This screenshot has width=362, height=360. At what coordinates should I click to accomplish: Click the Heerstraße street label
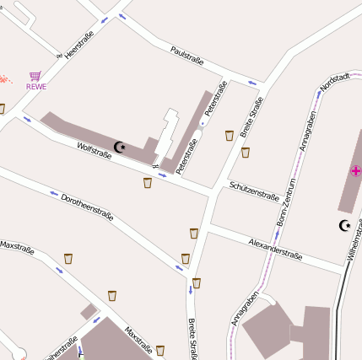[78, 44]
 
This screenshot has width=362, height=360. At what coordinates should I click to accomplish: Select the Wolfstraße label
[94, 152]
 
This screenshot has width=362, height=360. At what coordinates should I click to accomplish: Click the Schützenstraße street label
[253, 191]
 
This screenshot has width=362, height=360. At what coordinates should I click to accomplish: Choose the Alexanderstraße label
[275, 248]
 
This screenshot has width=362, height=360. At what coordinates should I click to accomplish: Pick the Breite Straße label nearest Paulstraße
[251, 117]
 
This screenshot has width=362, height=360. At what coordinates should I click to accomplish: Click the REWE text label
[36, 86]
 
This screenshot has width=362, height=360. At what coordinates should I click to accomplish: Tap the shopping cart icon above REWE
[35, 76]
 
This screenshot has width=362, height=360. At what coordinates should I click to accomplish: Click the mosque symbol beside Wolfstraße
[120, 147]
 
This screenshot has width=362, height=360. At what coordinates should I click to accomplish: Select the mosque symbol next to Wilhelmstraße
[344, 225]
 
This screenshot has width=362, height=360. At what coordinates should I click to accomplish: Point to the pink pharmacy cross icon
[355, 171]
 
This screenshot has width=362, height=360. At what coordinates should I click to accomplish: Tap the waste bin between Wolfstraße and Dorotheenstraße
[148, 182]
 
